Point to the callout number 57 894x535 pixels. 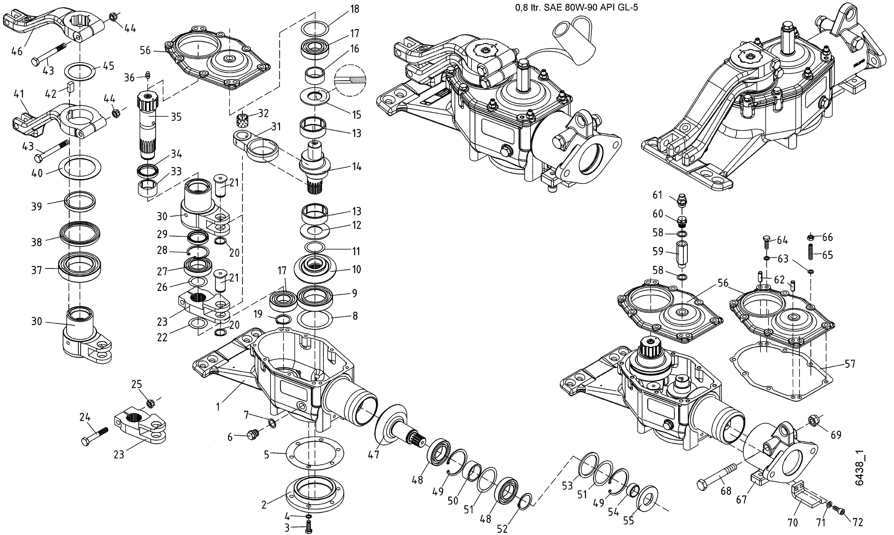[850, 364]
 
